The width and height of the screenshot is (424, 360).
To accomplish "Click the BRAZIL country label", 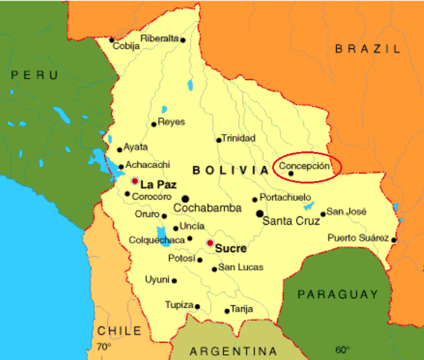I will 368,48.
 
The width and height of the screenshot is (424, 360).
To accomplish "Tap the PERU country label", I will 35,75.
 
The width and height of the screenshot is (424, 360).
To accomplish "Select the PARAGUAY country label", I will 338,294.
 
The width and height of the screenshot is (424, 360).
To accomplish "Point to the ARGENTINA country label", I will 233,352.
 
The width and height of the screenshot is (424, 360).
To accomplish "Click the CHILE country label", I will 119,331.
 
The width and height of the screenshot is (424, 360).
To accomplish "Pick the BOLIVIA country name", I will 230,170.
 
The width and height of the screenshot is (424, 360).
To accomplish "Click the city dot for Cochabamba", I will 185,199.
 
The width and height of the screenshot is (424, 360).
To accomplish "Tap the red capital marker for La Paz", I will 134,182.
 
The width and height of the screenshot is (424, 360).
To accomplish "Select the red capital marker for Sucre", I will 210,243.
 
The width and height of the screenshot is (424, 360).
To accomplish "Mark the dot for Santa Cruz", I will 260,213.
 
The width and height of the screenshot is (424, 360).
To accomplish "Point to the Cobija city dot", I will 112,39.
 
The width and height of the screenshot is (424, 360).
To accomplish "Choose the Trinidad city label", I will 238,138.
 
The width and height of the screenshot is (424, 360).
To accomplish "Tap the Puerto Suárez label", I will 358,238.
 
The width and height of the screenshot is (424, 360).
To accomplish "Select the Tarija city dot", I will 226,311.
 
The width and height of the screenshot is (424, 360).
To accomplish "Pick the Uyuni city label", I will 156,279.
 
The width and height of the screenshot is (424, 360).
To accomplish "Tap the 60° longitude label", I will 342,350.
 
